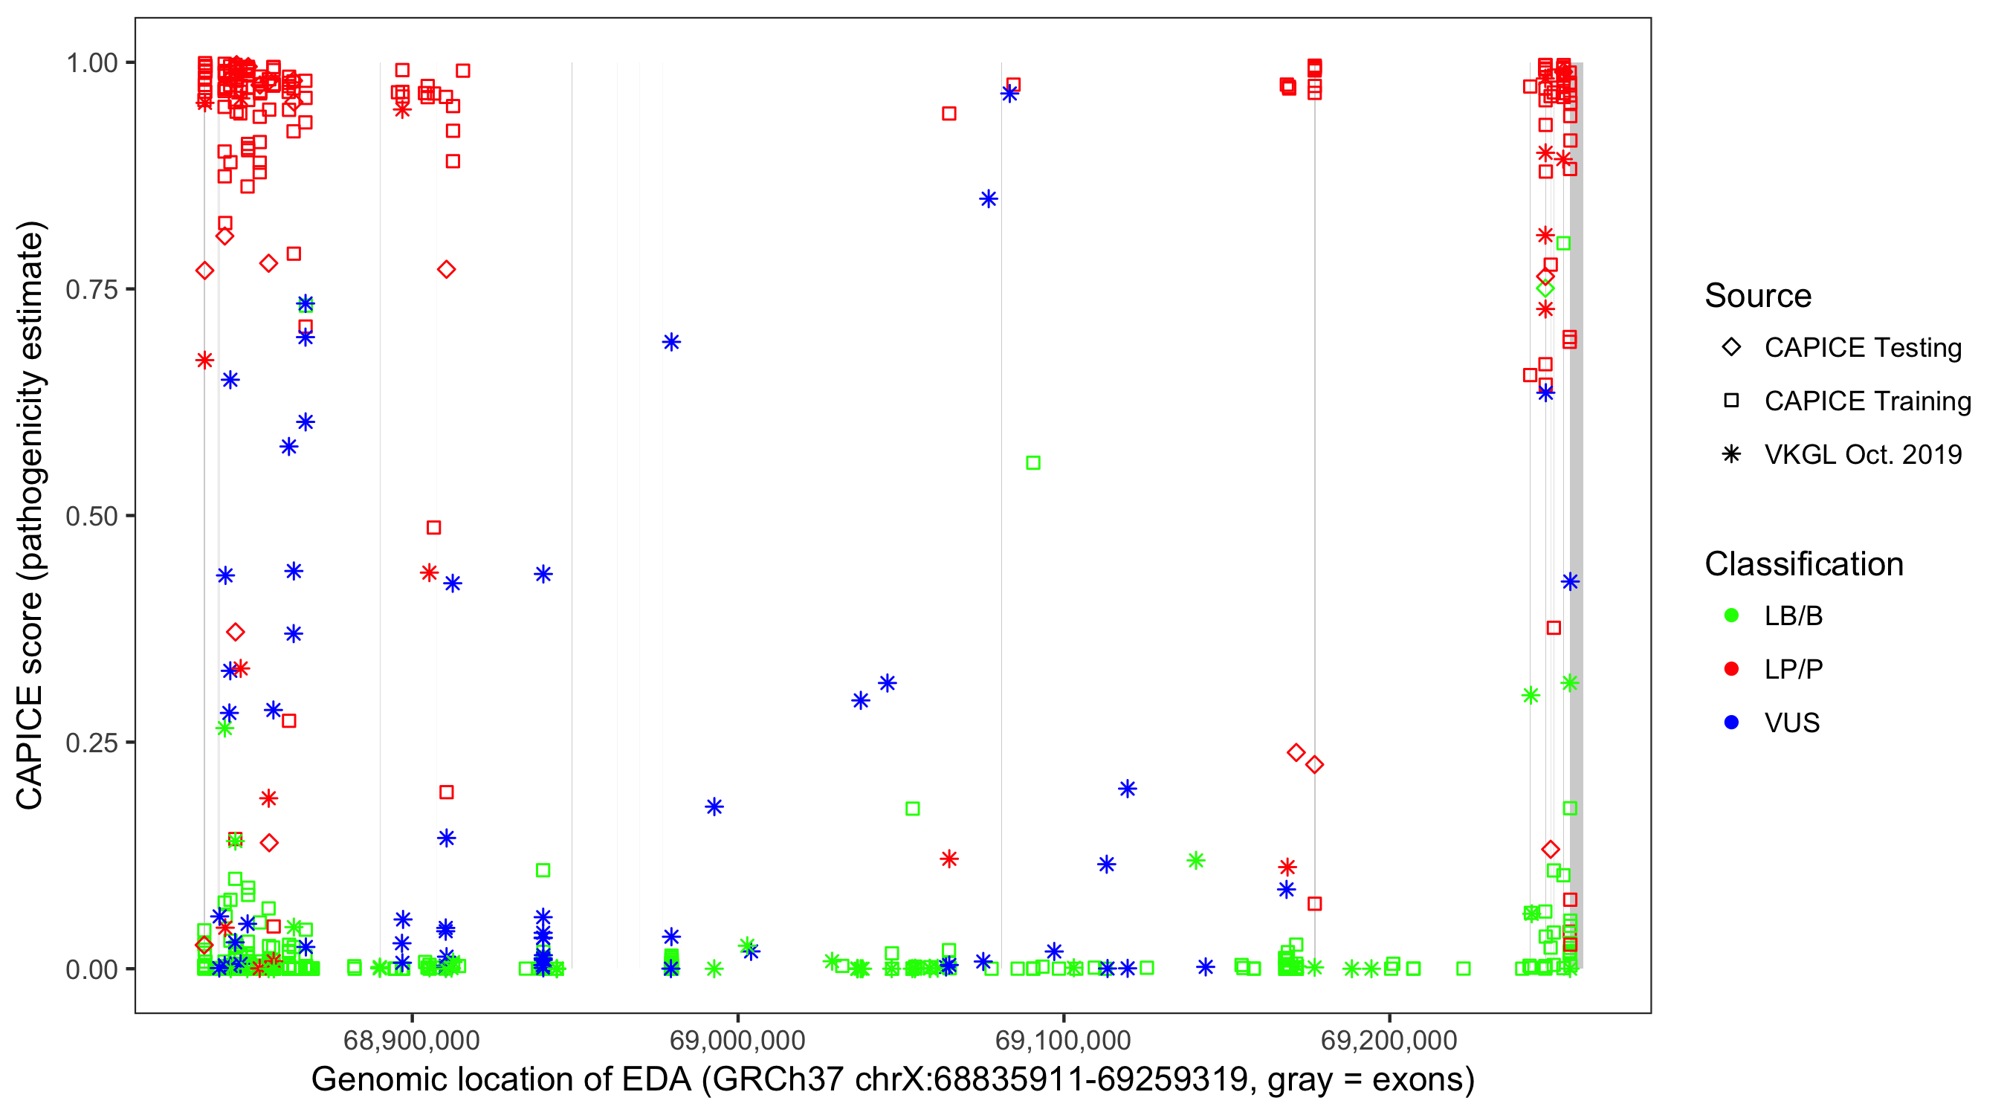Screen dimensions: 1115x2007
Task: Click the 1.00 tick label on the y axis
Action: [x=91, y=63]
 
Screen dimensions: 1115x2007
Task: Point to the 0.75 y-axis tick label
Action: [x=91, y=290]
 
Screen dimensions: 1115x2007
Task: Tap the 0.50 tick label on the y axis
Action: [x=91, y=517]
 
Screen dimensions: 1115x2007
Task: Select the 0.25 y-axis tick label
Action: [x=91, y=743]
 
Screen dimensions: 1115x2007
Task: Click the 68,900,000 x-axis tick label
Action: [x=411, y=1040]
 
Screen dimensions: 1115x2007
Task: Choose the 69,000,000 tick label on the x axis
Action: [x=737, y=1040]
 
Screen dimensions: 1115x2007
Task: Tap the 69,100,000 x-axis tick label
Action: [x=1063, y=1040]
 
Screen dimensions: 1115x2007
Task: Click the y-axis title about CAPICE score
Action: [x=31, y=516]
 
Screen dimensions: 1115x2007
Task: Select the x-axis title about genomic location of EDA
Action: [x=893, y=1080]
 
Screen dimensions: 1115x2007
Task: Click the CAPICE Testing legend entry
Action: [x=1862, y=348]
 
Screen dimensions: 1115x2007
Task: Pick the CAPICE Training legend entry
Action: [x=1867, y=401]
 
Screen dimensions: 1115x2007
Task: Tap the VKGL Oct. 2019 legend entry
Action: [x=1862, y=455]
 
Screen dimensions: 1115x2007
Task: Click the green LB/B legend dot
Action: [x=1731, y=615]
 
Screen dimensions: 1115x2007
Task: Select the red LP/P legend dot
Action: [x=1731, y=669]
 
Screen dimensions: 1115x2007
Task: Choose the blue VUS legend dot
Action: [x=1731, y=723]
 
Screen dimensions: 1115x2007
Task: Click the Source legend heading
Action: [x=1758, y=296]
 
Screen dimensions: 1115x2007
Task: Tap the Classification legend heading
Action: [x=1803, y=564]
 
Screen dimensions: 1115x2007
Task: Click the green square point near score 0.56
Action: [x=1033, y=463]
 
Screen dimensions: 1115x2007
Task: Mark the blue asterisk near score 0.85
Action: [x=988, y=198]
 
